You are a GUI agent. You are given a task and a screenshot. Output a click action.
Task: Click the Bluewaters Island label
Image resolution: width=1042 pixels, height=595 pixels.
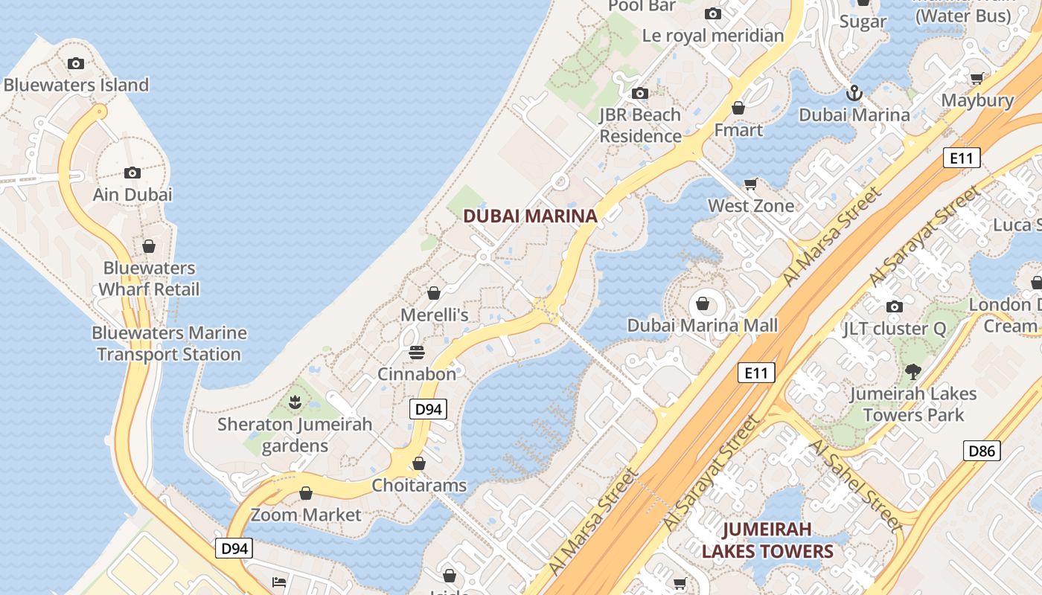click(x=76, y=85)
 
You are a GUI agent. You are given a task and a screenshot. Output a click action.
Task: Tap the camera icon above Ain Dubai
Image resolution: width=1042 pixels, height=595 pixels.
click(x=132, y=173)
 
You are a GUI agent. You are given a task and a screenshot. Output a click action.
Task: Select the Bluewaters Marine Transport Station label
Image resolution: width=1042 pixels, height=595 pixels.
click(x=169, y=344)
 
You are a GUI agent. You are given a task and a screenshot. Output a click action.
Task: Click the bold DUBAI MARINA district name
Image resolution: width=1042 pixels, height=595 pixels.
click(x=530, y=216)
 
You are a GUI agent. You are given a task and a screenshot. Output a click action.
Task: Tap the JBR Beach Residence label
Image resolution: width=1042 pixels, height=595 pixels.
click(x=640, y=126)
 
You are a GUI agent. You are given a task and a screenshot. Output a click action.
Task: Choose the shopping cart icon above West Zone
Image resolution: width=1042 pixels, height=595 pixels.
click(x=751, y=184)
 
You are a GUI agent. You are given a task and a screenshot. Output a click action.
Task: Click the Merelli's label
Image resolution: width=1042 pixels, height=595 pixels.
click(x=435, y=315)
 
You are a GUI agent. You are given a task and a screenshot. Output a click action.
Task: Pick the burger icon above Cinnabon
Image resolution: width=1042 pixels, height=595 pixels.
click(x=416, y=352)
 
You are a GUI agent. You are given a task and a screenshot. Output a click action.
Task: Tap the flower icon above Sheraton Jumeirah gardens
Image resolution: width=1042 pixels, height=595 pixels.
click(x=295, y=402)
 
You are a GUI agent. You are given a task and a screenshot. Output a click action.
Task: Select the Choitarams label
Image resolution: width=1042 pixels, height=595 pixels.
click(x=419, y=486)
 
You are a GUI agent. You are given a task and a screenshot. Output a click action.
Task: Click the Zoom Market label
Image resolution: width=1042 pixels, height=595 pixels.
click(x=305, y=515)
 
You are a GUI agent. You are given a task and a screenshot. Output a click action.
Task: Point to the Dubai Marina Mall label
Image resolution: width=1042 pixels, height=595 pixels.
click(x=702, y=325)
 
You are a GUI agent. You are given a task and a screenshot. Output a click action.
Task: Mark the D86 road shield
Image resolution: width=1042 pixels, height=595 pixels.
click(x=982, y=450)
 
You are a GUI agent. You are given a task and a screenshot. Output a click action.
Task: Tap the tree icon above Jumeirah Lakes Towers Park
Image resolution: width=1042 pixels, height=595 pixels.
click(x=912, y=371)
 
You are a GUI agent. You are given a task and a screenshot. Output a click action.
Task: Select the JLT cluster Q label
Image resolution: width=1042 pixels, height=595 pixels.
click(x=895, y=329)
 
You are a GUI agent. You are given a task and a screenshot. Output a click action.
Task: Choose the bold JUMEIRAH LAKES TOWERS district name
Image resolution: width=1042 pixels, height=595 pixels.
click(x=767, y=541)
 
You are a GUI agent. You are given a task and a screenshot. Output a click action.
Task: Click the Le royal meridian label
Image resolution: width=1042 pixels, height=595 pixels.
click(x=713, y=36)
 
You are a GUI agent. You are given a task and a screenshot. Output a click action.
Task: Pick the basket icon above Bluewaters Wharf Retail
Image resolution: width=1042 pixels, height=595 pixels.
click(x=149, y=246)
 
